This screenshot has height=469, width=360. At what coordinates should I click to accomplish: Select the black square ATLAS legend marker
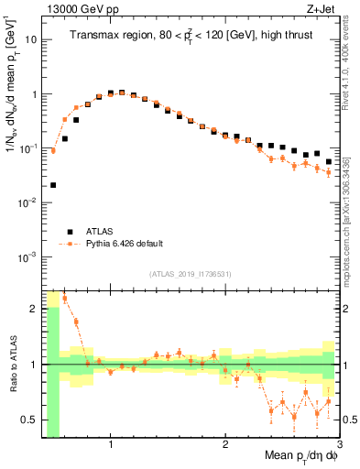[x=68, y=232]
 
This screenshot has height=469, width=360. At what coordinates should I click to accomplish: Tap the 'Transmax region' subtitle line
[x=187, y=36]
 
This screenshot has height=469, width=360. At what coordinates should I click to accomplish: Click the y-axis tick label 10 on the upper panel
[x=30, y=40]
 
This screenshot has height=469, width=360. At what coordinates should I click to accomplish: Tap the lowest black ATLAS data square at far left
[x=53, y=185]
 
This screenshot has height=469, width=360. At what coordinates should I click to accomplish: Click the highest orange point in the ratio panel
[x=64, y=299]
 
